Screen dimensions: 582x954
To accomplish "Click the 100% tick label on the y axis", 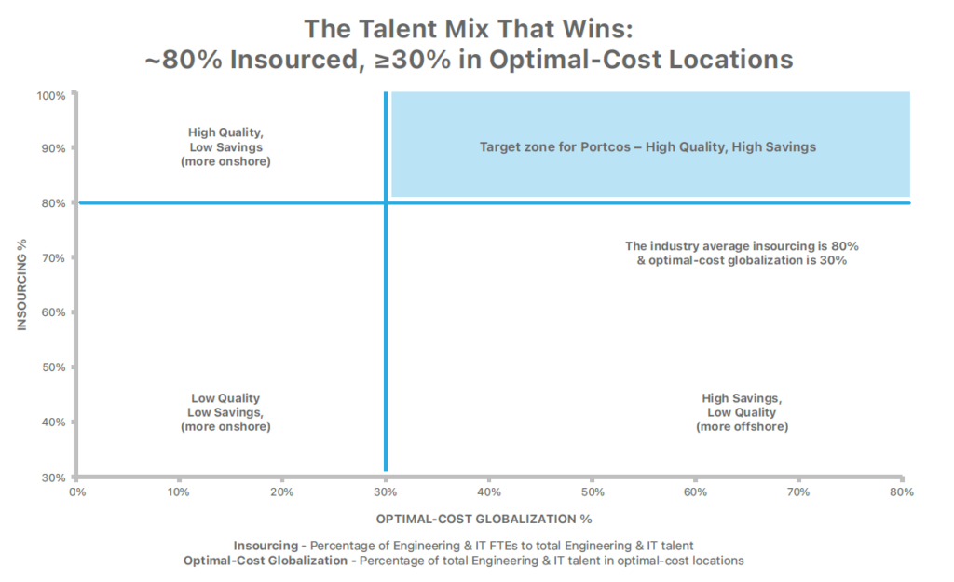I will (51, 95).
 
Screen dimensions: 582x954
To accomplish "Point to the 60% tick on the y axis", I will (53, 312).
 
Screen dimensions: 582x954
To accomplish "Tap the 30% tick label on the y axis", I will (53, 477).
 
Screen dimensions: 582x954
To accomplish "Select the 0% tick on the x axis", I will (77, 491).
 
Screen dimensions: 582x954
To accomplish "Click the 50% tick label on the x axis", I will (593, 491).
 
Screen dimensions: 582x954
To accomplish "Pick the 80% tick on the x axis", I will (901, 491).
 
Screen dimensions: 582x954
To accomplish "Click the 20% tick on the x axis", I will (282, 491).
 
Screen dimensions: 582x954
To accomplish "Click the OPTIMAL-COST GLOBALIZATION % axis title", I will (484, 519).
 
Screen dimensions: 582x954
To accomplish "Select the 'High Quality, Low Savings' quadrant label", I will (225, 146).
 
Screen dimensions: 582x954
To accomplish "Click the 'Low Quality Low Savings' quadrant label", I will (225, 412).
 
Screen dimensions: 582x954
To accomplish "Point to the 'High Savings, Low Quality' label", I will (742, 412).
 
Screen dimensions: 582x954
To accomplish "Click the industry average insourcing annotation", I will (742, 254).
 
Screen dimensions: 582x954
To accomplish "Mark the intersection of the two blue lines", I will (385, 202).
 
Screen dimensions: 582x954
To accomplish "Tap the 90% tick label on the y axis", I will (53, 148).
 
